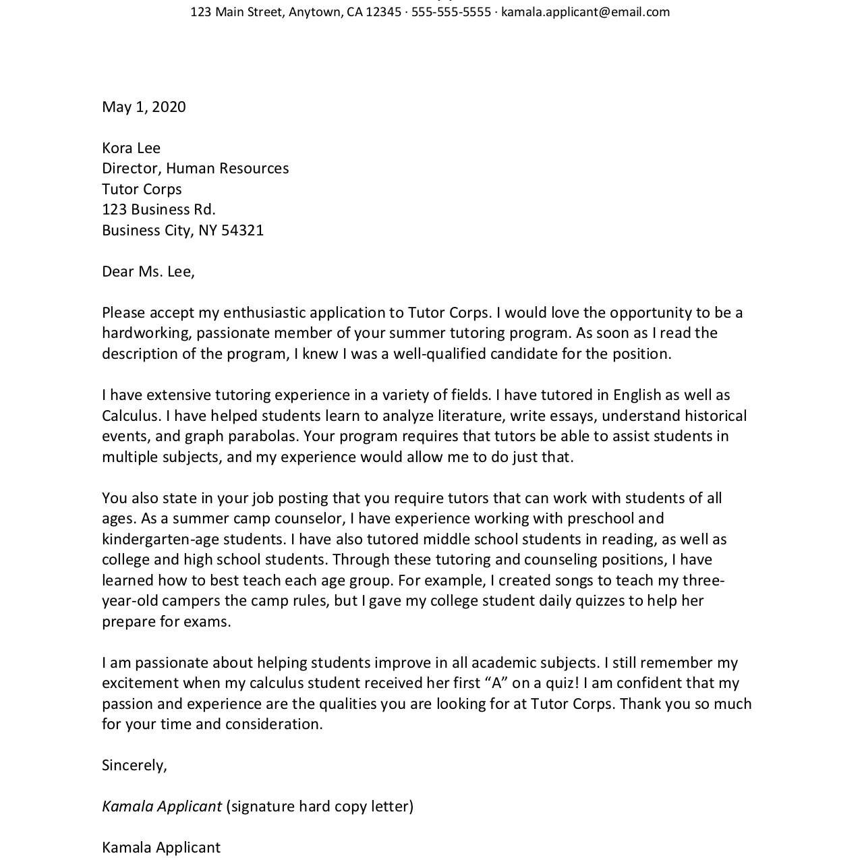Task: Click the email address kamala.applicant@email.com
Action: tap(585, 12)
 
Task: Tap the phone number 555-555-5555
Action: tap(451, 12)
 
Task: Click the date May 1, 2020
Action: tap(144, 107)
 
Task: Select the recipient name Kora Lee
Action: tap(131, 148)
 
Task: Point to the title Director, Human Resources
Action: tap(195, 169)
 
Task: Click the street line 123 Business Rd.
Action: tap(159, 210)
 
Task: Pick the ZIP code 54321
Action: tap(242, 231)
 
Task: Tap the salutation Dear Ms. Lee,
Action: tap(148, 272)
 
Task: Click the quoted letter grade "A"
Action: tap(496, 683)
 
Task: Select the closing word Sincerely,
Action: tap(134, 766)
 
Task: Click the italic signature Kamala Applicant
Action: tap(162, 807)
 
